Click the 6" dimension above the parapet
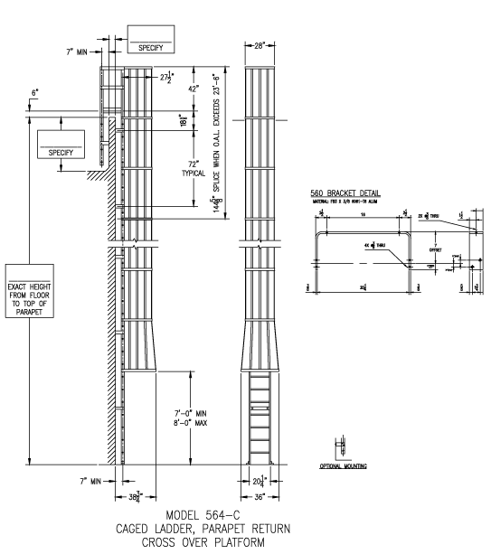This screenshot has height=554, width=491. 35,94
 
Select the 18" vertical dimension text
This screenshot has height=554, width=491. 182,120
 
